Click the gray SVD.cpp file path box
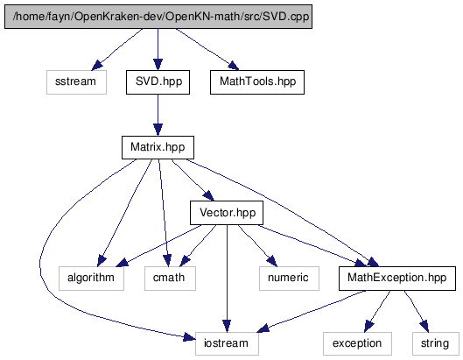pos(158,17)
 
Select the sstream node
pos(76,82)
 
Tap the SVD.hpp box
pos(158,82)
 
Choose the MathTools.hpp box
pos(257,82)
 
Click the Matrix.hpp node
pos(158,147)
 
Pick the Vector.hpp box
pos(227,213)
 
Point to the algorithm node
pos(91,279)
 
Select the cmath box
pos(170,279)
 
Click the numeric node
pos(289,279)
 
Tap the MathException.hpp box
pos(397,279)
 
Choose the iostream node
pos(227,343)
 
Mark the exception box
pos(357,343)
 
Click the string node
pos(436,343)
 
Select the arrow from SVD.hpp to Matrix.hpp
pos(158,115)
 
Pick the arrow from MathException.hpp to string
pos(416,311)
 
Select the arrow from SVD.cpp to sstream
pos(117,49)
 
